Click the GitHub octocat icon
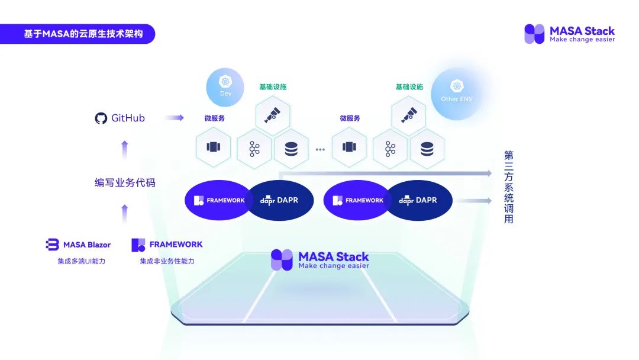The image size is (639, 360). tap(101, 118)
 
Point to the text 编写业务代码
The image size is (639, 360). tap(125, 182)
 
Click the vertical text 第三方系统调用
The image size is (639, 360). tap(508, 187)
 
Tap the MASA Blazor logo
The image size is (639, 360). tap(78, 245)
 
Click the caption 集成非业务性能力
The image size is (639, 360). tap(167, 261)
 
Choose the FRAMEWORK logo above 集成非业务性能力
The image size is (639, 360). tap(167, 245)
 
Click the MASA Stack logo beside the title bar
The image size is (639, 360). tap(569, 34)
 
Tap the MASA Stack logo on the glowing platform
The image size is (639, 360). tap(319, 259)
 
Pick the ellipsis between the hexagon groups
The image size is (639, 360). tap(320, 150)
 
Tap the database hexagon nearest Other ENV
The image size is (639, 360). tap(427, 149)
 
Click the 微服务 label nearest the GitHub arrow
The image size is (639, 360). tap(214, 118)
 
